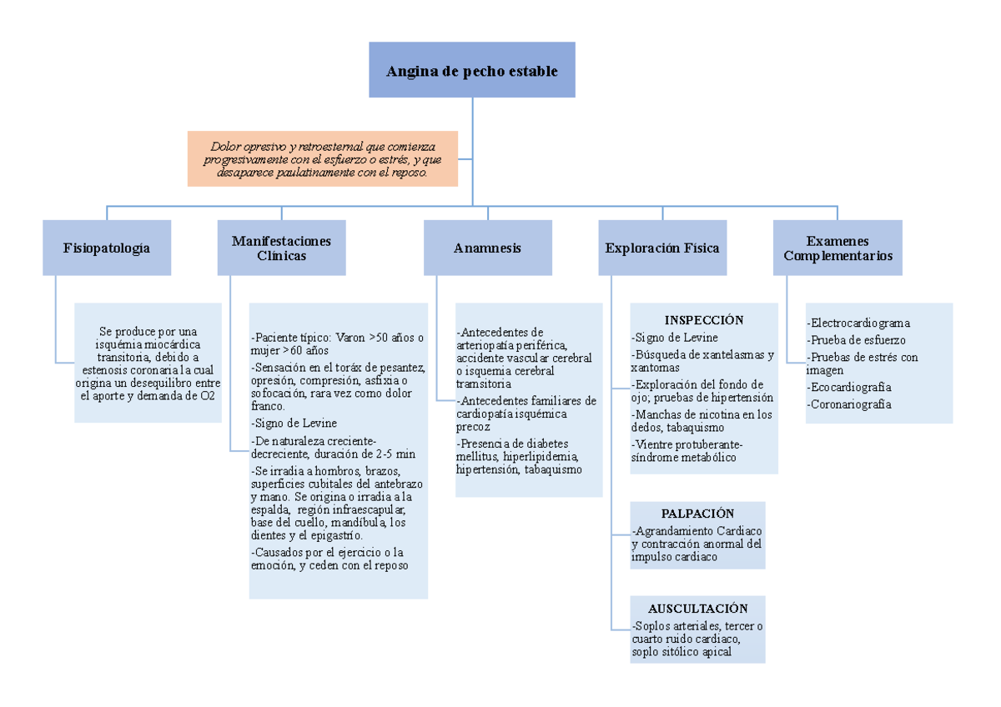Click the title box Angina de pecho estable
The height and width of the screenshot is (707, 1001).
tap(472, 70)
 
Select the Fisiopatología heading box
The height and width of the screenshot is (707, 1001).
tap(107, 248)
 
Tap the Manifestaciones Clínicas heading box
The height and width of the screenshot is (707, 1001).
tap(281, 248)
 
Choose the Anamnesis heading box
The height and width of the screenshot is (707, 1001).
tap(487, 248)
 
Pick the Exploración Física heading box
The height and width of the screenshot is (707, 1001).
tap(662, 248)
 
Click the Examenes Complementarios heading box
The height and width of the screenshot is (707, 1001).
tap(838, 248)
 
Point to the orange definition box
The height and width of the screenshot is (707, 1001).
tap(323, 158)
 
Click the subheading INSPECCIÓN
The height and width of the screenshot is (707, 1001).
tap(703, 320)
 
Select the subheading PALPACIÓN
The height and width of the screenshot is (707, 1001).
tap(697, 514)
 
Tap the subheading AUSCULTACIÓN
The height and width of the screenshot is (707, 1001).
tap(697, 609)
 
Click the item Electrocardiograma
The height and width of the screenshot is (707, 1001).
tap(859, 323)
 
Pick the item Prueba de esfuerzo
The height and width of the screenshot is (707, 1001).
tap(857, 340)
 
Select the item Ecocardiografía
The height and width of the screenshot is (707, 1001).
tap(850, 387)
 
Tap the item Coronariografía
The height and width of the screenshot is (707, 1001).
tap(850, 404)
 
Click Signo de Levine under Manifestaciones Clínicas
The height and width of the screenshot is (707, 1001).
tap(294, 424)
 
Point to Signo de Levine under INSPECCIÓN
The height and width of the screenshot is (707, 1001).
tap(677, 337)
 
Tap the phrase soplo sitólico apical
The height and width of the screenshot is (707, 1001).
tap(682, 652)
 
